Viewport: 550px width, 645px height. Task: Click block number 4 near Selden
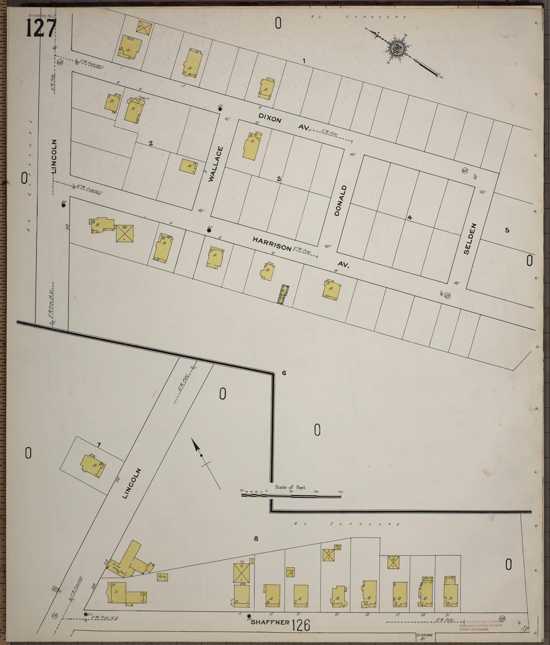point(409,218)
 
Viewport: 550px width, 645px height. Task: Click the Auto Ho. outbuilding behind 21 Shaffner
point(290,572)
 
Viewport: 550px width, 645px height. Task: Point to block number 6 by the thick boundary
point(284,373)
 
